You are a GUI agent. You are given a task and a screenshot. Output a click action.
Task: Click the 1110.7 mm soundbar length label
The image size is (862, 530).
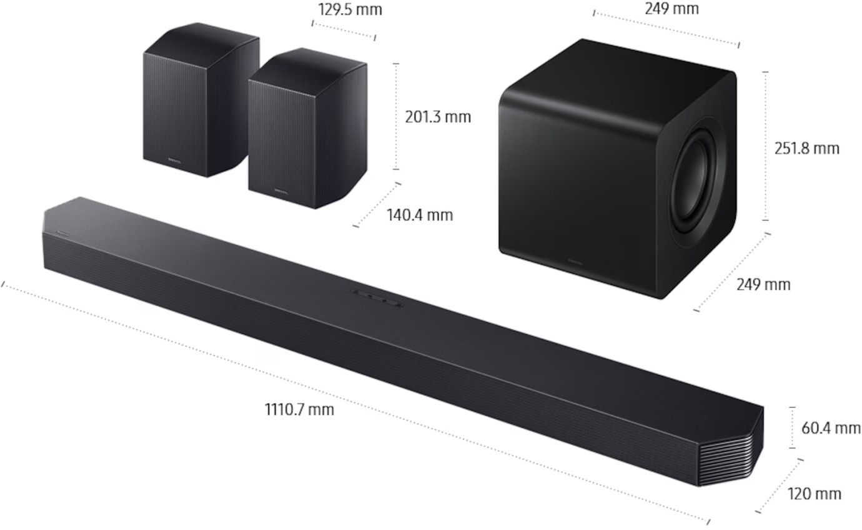(x=299, y=410)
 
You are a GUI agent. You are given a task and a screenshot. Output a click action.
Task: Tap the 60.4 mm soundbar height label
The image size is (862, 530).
(x=831, y=428)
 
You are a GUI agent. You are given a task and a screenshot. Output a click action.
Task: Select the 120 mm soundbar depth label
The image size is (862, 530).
(x=814, y=494)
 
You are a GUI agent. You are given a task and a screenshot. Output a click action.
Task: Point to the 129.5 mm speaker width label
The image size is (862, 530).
(x=350, y=10)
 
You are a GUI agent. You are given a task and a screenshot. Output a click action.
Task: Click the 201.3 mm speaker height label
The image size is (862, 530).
(x=438, y=117)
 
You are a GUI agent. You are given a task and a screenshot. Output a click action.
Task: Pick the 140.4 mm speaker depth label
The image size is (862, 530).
(x=420, y=216)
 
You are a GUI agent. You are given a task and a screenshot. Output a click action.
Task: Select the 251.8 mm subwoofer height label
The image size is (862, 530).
(x=807, y=149)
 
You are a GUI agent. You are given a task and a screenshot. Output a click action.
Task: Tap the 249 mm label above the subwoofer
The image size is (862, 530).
(x=671, y=9)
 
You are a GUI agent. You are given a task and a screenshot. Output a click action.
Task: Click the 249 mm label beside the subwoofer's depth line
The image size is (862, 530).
(x=763, y=285)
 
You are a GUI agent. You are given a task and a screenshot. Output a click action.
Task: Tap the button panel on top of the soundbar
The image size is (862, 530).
(x=377, y=297)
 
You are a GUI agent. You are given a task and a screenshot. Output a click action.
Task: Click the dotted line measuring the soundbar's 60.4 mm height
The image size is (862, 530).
(x=792, y=427)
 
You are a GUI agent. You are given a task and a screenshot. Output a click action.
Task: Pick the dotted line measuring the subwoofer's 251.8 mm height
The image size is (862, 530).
(x=766, y=146)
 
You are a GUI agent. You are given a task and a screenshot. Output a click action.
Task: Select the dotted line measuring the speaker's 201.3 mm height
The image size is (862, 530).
(x=396, y=116)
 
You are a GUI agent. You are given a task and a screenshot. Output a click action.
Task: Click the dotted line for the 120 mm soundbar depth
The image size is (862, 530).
(x=779, y=486)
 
